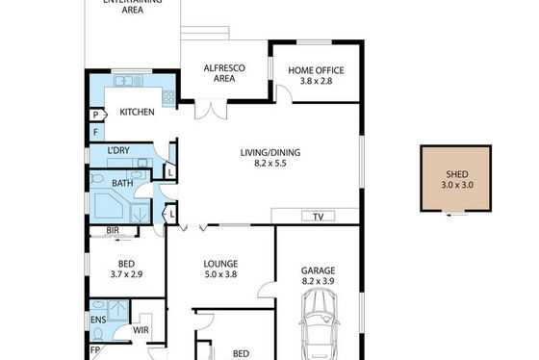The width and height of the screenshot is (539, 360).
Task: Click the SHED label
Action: click(457, 174)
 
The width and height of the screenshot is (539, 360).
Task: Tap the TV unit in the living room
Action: click(318, 217)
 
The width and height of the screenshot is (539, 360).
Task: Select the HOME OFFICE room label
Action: click(316, 70)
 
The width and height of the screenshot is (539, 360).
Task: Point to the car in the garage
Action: click(319, 323)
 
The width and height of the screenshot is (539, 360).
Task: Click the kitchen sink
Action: click(128, 81)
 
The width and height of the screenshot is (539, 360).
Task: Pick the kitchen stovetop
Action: click(168, 97)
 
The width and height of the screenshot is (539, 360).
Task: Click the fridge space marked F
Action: click(96, 132)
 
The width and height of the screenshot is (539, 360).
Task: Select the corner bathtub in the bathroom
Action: click(108, 206)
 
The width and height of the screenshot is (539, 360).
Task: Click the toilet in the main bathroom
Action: click(96, 178)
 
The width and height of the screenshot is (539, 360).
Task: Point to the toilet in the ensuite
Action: click(98, 333)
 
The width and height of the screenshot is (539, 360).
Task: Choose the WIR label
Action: click(141, 330)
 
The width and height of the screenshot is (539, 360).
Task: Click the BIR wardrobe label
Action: click(113, 230)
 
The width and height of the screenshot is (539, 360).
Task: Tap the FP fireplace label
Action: click(95, 350)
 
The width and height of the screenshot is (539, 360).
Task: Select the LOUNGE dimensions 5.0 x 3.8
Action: click(220, 274)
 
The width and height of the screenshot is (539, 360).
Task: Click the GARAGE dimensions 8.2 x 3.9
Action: click(318, 281)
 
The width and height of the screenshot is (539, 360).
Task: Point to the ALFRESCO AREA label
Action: click(224, 73)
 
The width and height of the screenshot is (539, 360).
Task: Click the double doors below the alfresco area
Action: click(211, 110)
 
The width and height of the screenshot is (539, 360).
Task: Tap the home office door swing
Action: click(284, 93)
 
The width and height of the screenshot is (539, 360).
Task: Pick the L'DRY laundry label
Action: click(118, 150)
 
